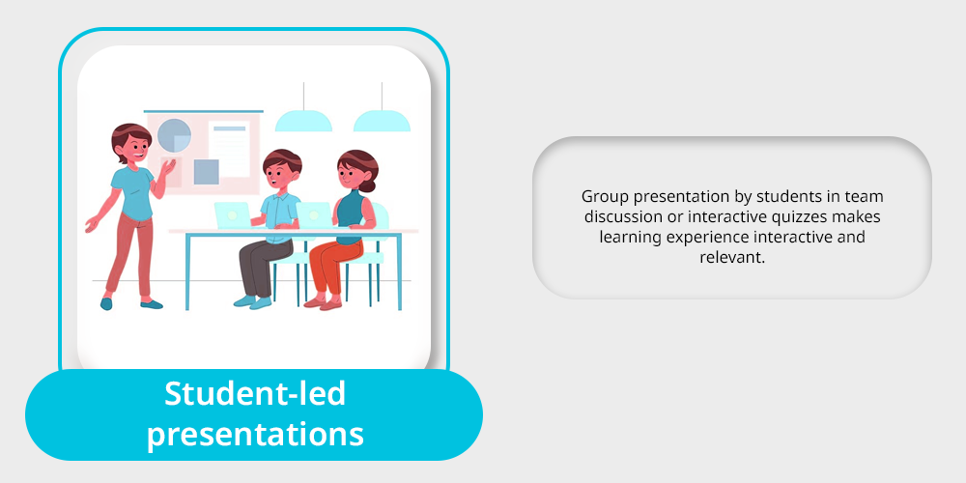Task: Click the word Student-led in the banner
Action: point(255,394)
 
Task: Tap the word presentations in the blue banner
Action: point(255,435)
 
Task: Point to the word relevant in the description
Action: point(732,257)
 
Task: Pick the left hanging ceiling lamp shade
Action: point(303,122)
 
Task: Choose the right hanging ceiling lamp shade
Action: point(382,122)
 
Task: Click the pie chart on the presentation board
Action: point(174,135)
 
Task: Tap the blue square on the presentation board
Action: point(207,172)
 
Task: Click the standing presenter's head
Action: point(131,143)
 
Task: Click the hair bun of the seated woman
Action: point(368,185)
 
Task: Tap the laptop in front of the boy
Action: point(233,215)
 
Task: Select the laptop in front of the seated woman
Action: point(314,215)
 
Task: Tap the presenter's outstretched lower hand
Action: point(91,224)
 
